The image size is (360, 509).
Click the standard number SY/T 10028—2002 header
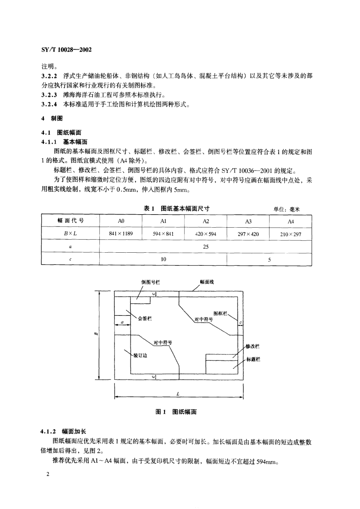(66, 50)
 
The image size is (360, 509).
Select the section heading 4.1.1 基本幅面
(64, 142)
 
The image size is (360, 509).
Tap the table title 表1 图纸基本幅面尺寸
(176, 208)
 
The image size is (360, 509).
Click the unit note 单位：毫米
(286, 209)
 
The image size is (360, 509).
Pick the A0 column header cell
(121, 221)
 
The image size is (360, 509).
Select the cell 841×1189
(121, 233)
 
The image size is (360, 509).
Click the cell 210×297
(290, 234)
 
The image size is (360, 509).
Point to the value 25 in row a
(205, 247)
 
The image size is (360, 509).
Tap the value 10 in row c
(163, 259)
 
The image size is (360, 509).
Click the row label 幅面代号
(70, 220)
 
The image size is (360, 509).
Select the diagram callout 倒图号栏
(150, 282)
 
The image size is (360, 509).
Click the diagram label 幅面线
(207, 282)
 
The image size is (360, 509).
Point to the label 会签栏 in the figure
(145, 319)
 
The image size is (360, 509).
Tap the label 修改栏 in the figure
(253, 346)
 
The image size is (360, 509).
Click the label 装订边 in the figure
(140, 355)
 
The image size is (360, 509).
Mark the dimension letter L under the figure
(178, 394)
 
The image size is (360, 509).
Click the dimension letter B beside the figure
(96, 334)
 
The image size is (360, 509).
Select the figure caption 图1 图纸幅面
(176, 412)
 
